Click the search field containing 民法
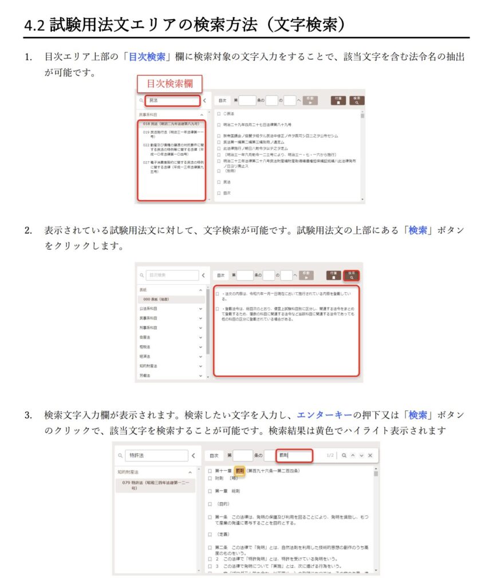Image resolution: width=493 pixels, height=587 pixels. [x=172, y=101]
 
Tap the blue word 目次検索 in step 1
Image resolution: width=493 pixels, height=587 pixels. [x=147, y=57]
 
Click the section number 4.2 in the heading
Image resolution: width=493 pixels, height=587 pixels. [x=36, y=25]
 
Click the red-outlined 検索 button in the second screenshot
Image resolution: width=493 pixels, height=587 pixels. [x=352, y=275]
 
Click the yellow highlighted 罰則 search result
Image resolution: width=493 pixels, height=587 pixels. [x=239, y=471]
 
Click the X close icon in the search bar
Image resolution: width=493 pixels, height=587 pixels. [x=370, y=456]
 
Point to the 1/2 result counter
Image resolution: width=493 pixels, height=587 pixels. [x=330, y=456]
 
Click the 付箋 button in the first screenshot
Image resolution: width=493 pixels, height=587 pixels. [x=337, y=100]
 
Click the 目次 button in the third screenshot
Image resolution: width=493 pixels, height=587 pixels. [x=214, y=456]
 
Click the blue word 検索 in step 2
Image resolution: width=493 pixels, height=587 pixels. [x=418, y=230]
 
